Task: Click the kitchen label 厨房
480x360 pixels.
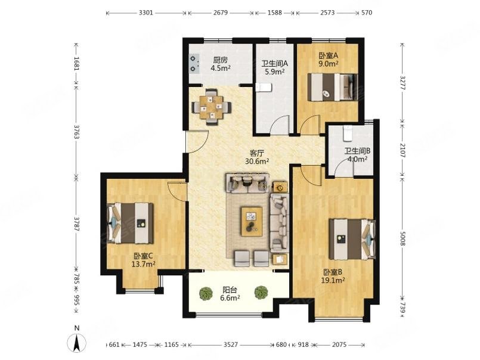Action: (x=220, y=60)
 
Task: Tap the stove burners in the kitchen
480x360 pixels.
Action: (x=194, y=64)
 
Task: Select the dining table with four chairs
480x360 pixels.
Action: (x=211, y=107)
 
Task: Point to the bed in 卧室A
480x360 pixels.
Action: (x=333, y=87)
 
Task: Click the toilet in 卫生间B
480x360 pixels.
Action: (x=348, y=134)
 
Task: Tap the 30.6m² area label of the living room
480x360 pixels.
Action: (x=257, y=162)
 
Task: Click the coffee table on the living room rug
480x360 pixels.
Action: (x=252, y=222)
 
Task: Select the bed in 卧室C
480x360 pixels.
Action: (x=131, y=223)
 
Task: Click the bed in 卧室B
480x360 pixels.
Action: (x=352, y=239)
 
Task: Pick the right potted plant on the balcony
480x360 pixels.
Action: (x=261, y=292)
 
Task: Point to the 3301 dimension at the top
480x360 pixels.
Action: (x=146, y=13)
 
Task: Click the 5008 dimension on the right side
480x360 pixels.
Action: (x=402, y=238)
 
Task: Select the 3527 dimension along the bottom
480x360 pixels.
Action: (x=231, y=345)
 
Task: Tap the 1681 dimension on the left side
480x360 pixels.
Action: (x=76, y=64)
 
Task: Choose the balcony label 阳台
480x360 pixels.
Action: (x=230, y=290)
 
